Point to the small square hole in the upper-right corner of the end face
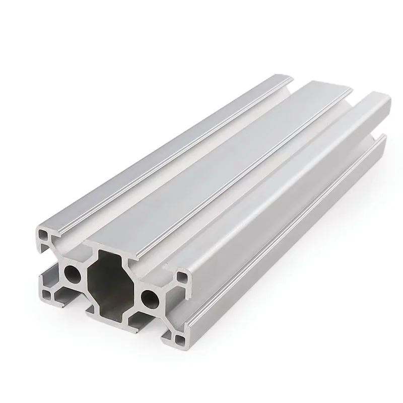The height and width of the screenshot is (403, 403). click(x=180, y=277)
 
